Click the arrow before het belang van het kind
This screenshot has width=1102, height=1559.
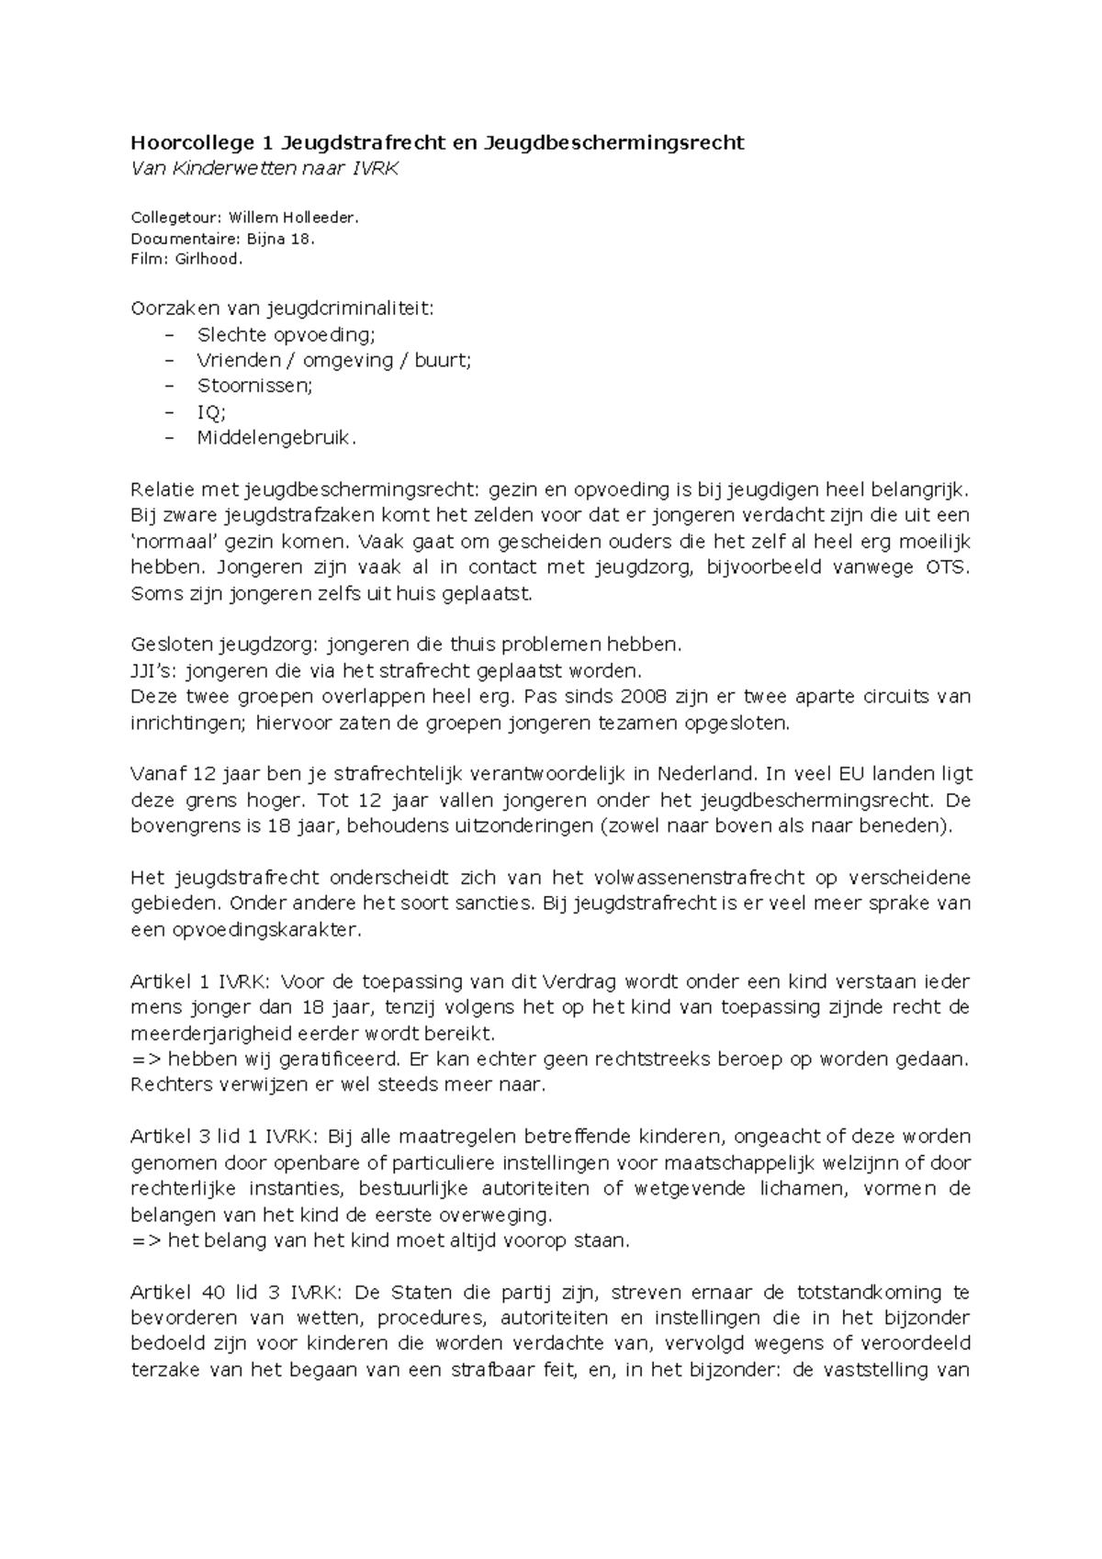(x=146, y=1241)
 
